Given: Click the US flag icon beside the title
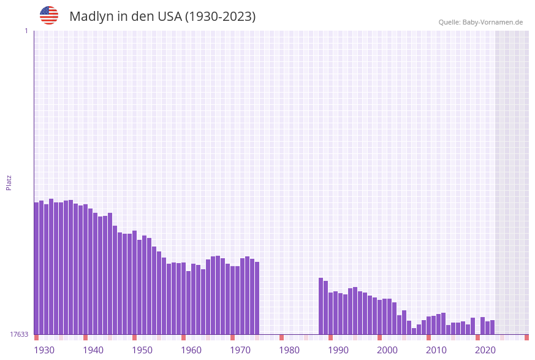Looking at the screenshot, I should (49, 15).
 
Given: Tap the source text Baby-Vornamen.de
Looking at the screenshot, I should (493, 23).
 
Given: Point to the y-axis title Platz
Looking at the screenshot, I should (9, 182).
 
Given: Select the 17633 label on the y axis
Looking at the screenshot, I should (19, 334).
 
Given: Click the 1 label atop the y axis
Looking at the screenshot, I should (26, 31).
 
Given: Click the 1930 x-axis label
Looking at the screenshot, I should (44, 350).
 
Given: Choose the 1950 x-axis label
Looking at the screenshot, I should (142, 350).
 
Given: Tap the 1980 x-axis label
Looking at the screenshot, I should (289, 350).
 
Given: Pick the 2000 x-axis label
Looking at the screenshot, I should (387, 350).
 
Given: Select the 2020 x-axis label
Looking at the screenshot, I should (485, 350).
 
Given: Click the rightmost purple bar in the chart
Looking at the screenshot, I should (493, 327).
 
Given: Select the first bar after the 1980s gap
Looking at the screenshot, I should (321, 306).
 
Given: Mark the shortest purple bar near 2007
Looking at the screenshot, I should (414, 331).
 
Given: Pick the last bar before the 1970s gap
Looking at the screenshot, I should (257, 298).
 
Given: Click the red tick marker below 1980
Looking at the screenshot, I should (282, 337).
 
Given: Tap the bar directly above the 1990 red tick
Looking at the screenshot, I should (331, 313).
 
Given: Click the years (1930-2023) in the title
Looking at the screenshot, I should (221, 17).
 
